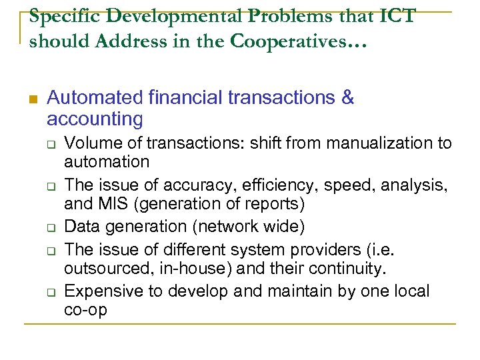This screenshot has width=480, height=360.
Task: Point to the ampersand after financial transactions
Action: [x=347, y=98]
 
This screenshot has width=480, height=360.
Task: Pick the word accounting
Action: [x=95, y=119]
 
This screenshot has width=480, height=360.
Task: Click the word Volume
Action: [x=90, y=143]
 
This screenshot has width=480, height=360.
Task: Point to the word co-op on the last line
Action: [x=85, y=310]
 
